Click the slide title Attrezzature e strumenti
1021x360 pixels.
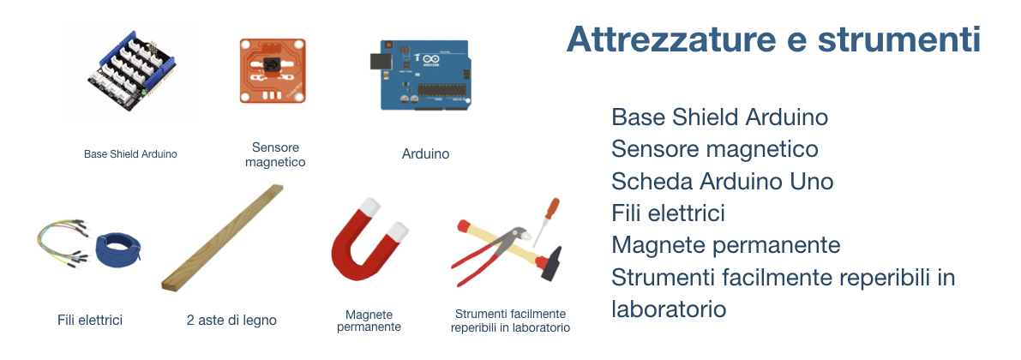click(x=773, y=39)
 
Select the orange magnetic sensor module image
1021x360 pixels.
click(x=273, y=70)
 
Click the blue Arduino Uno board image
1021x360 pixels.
click(x=424, y=75)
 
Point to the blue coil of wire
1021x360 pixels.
click(x=117, y=251)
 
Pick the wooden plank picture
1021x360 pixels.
click(x=222, y=237)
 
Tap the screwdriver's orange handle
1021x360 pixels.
click(x=552, y=210)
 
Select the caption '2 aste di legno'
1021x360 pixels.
click(x=231, y=321)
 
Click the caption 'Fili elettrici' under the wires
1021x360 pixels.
click(x=90, y=321)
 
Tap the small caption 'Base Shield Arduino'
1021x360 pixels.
click(x=130, y=154)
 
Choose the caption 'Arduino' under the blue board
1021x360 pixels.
click(x=425, y=154)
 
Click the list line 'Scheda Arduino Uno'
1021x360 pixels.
click(x=722, y=181)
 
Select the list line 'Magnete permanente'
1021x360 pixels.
click(x=726, y=245)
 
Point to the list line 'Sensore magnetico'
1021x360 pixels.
click(x=715, y=149)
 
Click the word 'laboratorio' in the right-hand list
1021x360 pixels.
click(x=669, y=309)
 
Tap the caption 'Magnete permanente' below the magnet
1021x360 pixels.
click(x=369, y=321)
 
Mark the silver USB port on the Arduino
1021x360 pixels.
click(x=379, y=61)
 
